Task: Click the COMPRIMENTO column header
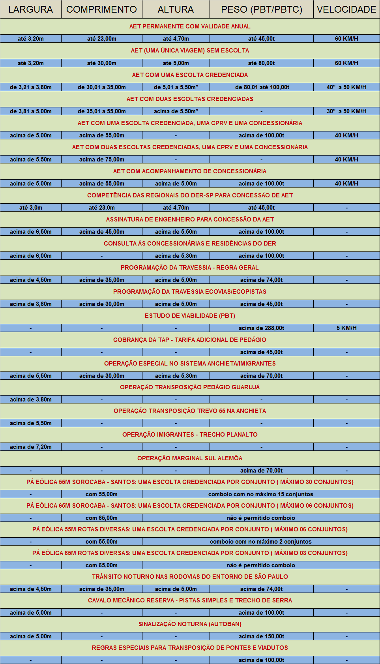(x=101, y=9)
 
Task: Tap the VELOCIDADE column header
(x=346, y=9)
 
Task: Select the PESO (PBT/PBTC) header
(x=261, y=9)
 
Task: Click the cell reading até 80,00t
(x=261, y=63)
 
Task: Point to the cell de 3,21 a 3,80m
(x=31, y=87)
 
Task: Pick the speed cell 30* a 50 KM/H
(x=346, y=111)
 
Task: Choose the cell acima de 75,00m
(x=101, y=159)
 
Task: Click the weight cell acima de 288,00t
(x=261, y=328)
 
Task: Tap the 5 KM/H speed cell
(x=346, y=328)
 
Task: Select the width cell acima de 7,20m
(x=31, y=447)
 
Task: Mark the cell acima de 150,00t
(x=261, y=636)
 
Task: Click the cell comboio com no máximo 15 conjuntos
(x=260, y=494)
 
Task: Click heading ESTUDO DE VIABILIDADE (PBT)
(x=190, y=316)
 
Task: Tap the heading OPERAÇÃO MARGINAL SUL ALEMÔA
(x=190, y=458)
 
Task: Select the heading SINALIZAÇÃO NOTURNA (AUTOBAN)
(x=190, y=624)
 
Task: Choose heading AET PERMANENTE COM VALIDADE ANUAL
(x=190, y=26)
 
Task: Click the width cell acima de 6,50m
(x=31, y=232)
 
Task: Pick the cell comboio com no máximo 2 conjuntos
(x=260, y=542)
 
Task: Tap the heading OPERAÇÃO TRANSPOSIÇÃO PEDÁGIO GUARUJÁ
(x=190, y=387)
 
